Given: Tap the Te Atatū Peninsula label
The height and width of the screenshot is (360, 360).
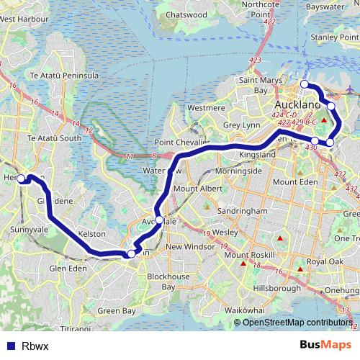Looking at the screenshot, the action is click(x=64, y=75).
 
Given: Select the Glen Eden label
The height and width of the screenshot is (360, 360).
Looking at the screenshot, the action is click(x=68, y=269).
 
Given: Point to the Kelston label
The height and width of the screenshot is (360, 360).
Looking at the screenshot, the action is click(x=93, y=235).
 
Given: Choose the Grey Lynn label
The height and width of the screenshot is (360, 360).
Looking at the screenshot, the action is click(x=240, y=125).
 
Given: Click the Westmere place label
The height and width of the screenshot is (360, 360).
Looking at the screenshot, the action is click(x=201, y=107).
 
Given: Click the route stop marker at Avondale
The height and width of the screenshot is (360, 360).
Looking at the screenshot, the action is click(x=159, y=220).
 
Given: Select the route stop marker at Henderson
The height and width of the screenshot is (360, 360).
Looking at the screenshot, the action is click(x=22, y=179).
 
